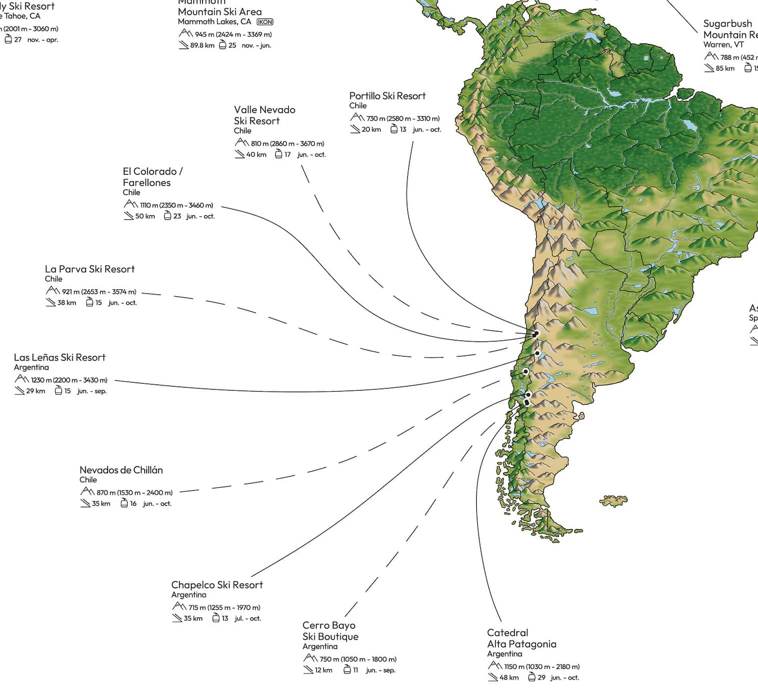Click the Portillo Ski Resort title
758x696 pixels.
point(387,96)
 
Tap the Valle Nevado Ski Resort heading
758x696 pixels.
point(264,115)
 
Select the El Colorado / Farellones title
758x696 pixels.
point(152,177)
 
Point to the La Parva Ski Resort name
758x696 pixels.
point(90,269)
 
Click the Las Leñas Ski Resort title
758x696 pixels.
point(60,357)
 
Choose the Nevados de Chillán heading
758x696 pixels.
point(121,470)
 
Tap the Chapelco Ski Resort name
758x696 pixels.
point(217,585)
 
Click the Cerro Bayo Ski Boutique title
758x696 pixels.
point(330,631)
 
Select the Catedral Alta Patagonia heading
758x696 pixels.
point(521,638)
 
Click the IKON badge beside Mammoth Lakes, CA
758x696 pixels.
point(265,22)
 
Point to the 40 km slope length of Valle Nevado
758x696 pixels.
point(257,155)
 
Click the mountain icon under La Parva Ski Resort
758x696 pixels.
point(52,291)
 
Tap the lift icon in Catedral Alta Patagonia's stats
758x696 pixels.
point(531,677)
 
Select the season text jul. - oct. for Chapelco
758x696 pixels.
point(248,618)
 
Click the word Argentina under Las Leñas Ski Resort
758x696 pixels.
point(31,367)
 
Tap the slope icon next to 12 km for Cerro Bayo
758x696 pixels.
point(308,670)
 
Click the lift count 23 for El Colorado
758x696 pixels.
point(177,216)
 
